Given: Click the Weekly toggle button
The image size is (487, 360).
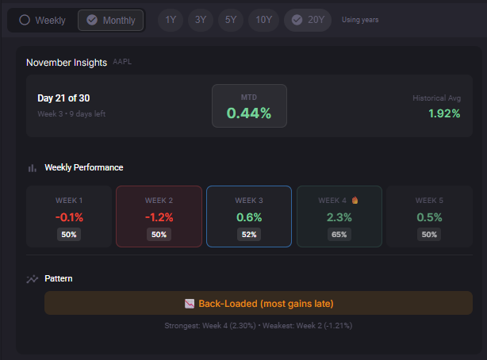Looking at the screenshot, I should pos(43,20).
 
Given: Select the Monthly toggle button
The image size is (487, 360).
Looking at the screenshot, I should pos(111,20).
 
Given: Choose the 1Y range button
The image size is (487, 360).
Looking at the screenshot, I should pos(171,20).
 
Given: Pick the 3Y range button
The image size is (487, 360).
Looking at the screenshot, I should pos(201,20).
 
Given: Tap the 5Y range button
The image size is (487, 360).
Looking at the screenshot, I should pos(230,20).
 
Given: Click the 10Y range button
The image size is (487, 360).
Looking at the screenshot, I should pos(263,20).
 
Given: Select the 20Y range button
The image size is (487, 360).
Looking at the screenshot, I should pos(308,20).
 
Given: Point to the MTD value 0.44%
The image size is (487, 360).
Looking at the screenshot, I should pos(249,113).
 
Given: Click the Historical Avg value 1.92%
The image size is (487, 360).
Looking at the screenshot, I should pos(444,113).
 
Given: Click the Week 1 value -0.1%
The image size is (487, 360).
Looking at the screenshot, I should pos(69,216).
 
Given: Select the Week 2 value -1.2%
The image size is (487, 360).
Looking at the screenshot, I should pos(159,216).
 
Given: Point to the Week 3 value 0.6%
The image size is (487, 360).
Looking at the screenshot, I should pos(249,216).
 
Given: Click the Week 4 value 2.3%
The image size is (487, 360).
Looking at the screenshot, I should pos(339,216).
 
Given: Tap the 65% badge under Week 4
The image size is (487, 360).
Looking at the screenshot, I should pos(339,235).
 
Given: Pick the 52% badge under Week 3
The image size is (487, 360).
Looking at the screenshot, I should pos(249,235).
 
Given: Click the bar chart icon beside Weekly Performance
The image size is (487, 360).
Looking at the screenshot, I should pos(33,168).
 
